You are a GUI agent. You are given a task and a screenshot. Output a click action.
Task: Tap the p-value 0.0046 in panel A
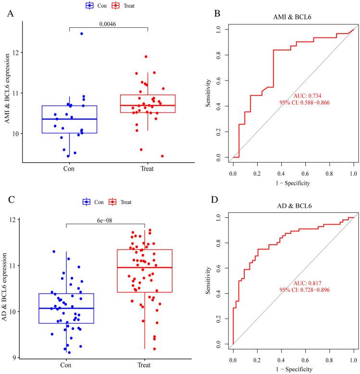(x=109, y=23)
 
